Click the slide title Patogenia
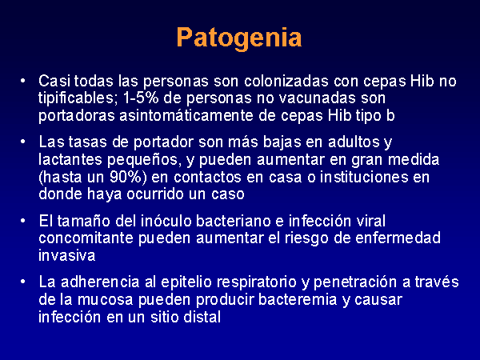239,38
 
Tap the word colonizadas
286,81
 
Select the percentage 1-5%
141,98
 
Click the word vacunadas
316,98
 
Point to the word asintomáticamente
186,116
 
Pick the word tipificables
78,98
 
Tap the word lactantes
70,159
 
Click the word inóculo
166,221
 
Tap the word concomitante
86,238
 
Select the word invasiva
66,256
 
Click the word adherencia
100,282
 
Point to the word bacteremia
298,299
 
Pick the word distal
202,317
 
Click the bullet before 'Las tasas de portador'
22,142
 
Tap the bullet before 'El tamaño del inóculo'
22,221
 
